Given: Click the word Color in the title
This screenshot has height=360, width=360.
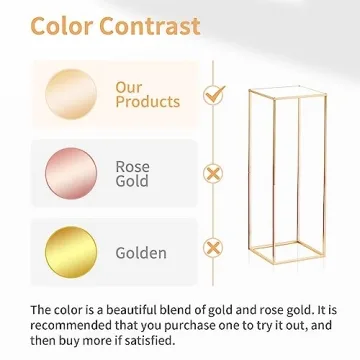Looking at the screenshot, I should click(x=64, y=26).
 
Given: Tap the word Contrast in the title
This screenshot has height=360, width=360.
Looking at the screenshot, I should click(x=150, y=26).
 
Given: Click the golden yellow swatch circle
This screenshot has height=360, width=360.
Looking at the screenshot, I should click(x=71, y=249).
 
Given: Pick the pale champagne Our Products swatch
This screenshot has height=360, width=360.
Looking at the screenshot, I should click(x=71, y=94).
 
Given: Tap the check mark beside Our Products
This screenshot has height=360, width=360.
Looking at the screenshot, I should click(x=213, y=95).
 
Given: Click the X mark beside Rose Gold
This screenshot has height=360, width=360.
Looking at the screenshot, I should click(x=213, y=174).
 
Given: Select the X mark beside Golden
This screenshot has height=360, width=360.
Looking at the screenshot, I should click(x=213, y=248).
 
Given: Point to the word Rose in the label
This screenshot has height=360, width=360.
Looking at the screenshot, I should click(x=132, y=167).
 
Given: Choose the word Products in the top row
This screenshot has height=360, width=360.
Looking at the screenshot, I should click(x=147, y=102).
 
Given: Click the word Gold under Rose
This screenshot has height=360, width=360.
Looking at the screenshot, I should click(x=132, y=181).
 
